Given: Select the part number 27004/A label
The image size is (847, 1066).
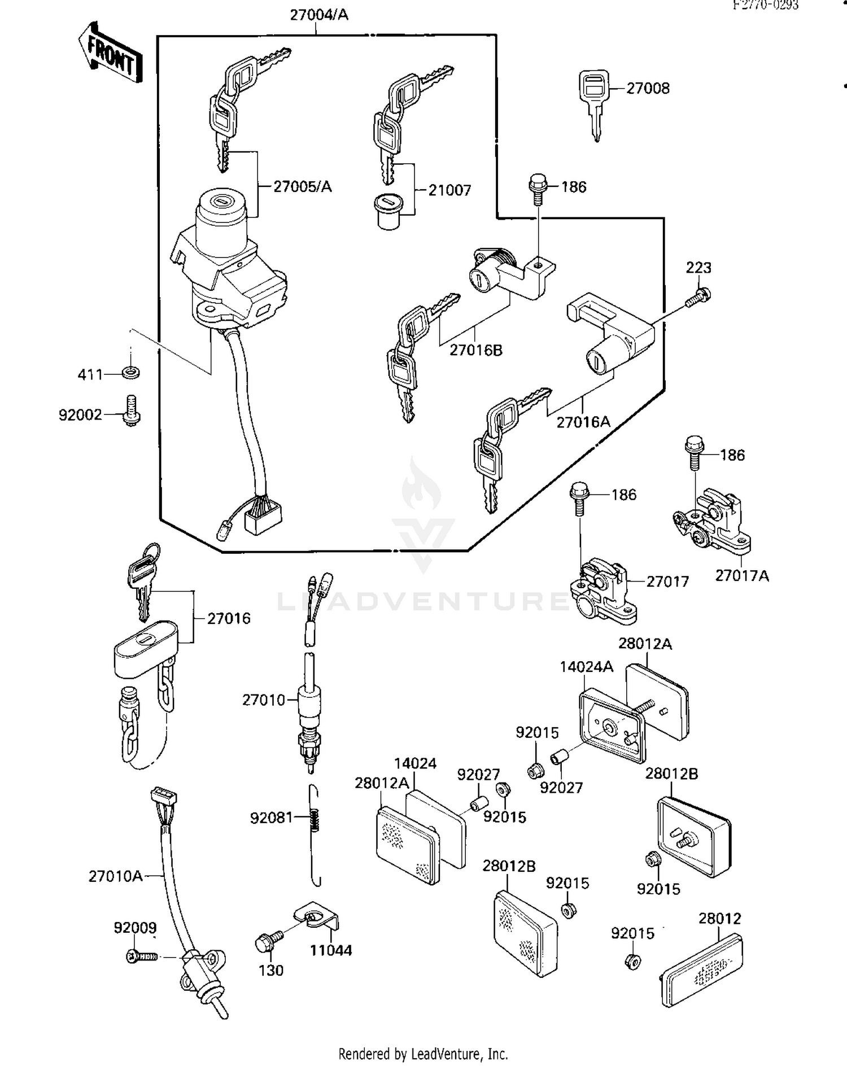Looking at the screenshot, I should (319, 15).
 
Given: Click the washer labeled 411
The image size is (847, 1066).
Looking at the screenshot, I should (130, 373).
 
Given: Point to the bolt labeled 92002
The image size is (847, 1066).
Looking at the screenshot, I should (131, 410).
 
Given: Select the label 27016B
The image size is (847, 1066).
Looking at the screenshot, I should (475, 351).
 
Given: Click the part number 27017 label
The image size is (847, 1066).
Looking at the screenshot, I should (667, 582).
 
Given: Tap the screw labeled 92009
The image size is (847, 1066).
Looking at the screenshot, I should (142, 956).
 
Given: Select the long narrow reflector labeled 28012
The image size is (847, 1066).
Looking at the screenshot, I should (701, 970).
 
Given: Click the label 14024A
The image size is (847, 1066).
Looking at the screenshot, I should (586, 667).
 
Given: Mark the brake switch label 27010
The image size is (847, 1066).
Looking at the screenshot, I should (264, 700).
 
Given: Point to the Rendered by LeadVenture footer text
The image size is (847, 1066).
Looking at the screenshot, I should (423, 1054).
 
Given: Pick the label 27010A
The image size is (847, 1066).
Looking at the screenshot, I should (115, 876).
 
